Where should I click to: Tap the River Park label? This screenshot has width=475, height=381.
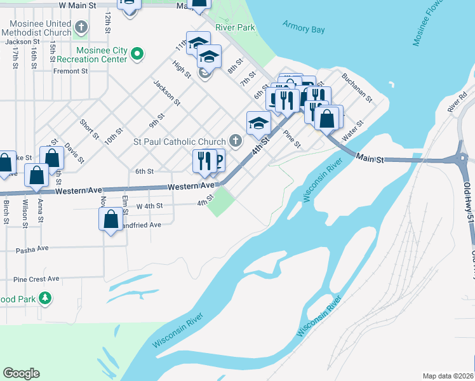pos(235,27)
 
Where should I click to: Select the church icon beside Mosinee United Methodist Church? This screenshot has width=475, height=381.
pos(81,27)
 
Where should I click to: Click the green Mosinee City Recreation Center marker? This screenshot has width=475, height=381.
pos(137,55)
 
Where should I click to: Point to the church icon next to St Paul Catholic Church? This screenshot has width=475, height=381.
pos(235,141)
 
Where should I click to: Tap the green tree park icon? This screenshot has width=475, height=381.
pos(45,298)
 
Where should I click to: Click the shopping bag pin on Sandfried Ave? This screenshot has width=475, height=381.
pos(110,218)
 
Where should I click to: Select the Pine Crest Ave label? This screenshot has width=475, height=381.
pos(36,279)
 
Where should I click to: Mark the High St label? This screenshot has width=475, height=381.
pos(181,69)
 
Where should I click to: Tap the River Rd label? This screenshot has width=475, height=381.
pos(457,102)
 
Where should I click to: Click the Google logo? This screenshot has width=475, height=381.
pos(21,373)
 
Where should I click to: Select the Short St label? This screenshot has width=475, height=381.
pos(89,129)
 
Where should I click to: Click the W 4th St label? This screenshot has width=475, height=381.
pos(151,206)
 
